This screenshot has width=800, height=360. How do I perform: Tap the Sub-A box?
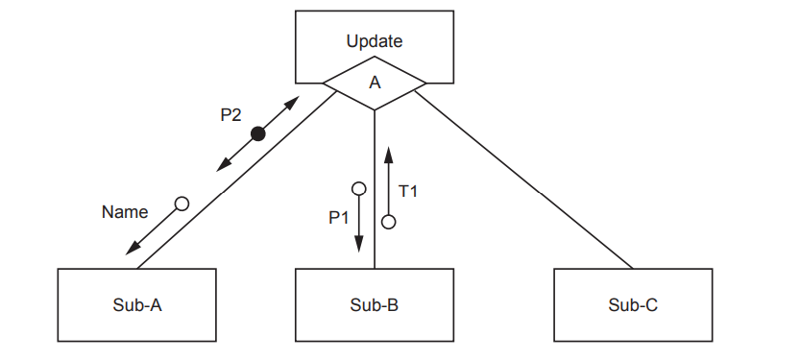[x=136, y=305]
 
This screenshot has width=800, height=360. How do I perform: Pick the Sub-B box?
[x=374, y=305]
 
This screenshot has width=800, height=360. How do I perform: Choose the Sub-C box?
[x=633, y=305]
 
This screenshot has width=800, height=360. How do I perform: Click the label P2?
[x=230, y=115]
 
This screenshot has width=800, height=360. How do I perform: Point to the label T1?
[x=408, y=192]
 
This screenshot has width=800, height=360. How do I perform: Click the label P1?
[x=338, y=218]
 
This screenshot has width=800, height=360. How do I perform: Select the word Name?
[x=125, y=212]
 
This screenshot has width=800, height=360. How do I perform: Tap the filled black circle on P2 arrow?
[x=257, y=134]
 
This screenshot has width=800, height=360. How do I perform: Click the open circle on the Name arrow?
[x=181, y=204]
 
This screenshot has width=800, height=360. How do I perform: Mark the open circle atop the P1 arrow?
[x=358, y=188]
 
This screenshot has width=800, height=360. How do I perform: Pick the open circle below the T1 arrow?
[x=388, y=222]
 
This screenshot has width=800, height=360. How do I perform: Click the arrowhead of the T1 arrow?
[x=388, y=152]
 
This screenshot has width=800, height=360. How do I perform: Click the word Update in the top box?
[x=375, y=41]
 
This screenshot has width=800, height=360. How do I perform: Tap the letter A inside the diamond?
[x=375, y=84]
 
